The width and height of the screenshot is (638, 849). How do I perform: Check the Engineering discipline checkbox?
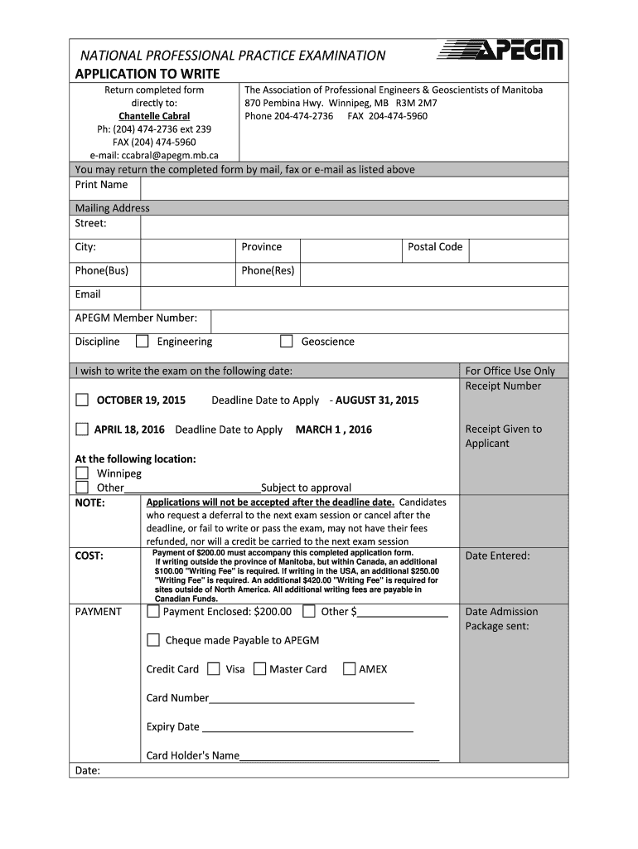click(143, 342)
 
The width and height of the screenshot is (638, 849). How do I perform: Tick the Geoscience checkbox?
click(287, 342)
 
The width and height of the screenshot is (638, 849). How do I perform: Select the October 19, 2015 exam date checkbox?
click(82, 400)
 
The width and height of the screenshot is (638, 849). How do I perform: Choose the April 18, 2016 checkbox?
click(82, 429)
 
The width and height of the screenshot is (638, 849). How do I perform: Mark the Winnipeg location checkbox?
click(82, 473)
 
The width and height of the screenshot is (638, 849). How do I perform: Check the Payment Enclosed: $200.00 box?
click(153, 612)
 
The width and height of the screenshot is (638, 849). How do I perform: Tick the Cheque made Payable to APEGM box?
click(153, 640)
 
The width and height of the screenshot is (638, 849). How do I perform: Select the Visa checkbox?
click(214, 669)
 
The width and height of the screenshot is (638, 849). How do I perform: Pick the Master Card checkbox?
click(259, 669)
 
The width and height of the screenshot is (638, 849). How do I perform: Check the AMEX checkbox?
click(349, 669)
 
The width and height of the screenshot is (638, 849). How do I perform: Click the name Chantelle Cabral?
click(154, 116)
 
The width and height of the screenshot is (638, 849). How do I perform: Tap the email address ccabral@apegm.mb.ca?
click(154, 154)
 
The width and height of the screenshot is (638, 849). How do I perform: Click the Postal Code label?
click(435, 247)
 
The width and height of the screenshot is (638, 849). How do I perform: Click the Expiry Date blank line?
click(307, 727)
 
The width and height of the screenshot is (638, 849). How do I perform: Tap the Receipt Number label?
click(503, 386)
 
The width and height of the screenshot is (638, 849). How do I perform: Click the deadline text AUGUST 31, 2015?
click(377, 400)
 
